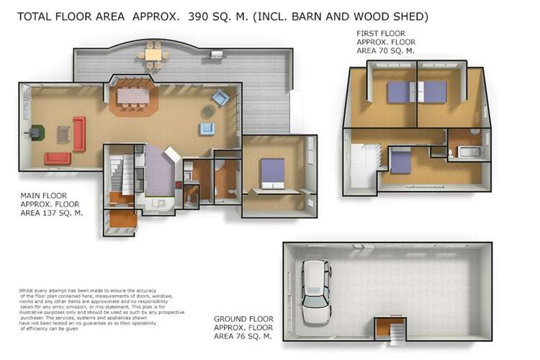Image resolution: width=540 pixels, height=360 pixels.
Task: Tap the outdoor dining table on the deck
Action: [x=153, y=54]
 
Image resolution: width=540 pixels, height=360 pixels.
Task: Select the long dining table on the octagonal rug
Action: [x=132, y=96]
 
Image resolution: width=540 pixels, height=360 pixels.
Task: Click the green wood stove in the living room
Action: [x=36, y=132]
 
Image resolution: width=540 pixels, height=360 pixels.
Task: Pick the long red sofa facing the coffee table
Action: [x=78, y=134]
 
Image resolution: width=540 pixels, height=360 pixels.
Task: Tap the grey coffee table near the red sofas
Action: [x=63, y=134]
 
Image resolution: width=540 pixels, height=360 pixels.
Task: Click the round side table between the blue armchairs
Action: [x=207, y=112]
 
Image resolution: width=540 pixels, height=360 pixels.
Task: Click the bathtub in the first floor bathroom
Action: [x=471, y=152]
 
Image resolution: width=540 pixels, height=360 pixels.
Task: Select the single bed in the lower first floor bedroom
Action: [x=400, y=161]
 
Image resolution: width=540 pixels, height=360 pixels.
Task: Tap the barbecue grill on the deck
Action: [x=215, y=54]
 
